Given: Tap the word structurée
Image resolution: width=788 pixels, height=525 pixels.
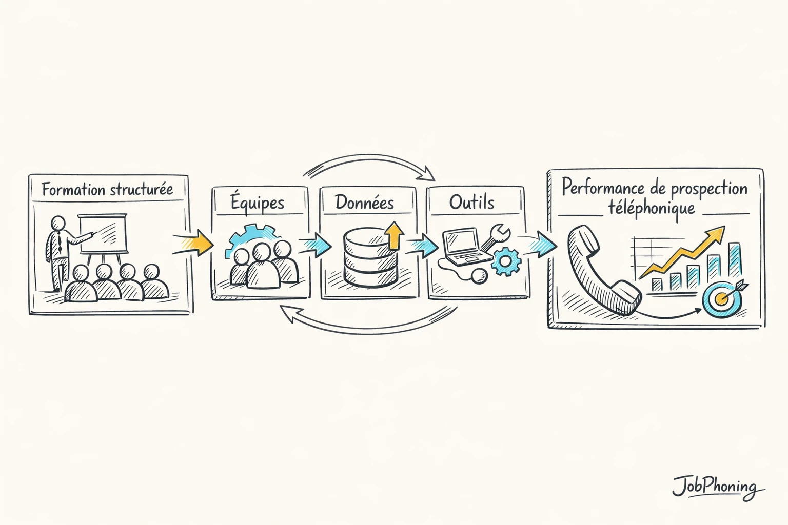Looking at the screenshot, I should (x=141, y=189).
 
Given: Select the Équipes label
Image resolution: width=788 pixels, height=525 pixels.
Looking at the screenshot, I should (x=257, y=203).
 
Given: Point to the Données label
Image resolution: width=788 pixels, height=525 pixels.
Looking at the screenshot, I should (x=364, y=203).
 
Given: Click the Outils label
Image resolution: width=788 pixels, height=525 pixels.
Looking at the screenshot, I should (x=471, y=202).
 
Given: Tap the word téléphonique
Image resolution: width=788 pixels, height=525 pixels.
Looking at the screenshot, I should (x=652, y=209).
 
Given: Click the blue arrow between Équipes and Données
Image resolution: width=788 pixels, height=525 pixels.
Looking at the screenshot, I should (x=315, y=245).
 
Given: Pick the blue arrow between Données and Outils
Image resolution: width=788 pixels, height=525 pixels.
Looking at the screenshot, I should (x=422, y=246).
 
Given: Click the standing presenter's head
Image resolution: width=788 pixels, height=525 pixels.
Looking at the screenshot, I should (x=58, y=223).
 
